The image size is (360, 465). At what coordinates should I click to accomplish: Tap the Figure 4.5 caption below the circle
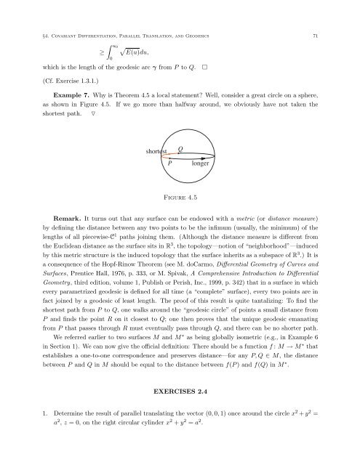(180, 195)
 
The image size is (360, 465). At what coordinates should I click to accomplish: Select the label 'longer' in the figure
(201, 164)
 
